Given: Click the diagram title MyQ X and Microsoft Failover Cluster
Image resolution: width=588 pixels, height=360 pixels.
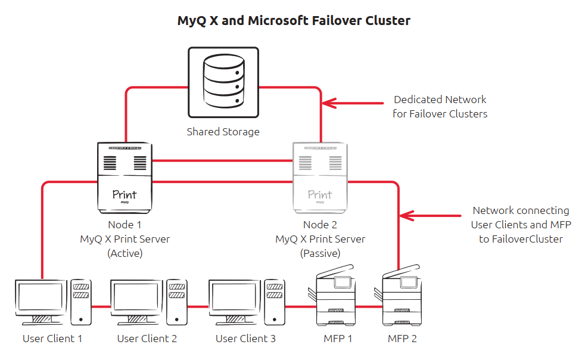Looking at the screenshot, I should [x=294, y=21].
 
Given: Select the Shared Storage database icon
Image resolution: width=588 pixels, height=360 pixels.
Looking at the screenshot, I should [x=223, y=82].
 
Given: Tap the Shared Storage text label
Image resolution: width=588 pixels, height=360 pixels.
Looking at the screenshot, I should [x=223, y=132].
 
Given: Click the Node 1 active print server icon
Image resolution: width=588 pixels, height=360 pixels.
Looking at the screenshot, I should [x=125, y=177].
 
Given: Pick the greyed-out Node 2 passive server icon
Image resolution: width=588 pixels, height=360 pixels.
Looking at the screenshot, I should [x=320, y=177].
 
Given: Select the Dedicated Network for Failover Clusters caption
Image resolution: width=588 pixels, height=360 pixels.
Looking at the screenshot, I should [x=440, y=107].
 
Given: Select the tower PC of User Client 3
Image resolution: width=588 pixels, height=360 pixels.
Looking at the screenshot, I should [x=275, y=301].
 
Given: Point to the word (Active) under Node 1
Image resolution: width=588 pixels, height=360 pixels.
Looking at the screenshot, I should [x=125, y=253].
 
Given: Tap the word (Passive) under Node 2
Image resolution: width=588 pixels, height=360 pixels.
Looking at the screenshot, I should [x=320, y=253].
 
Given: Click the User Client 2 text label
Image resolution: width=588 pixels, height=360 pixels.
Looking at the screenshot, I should [x=147, y=339].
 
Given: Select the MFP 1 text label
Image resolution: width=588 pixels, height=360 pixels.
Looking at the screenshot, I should [x=338, y=339].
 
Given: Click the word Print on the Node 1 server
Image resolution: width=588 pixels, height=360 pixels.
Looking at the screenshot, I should [x=125, y=194].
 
